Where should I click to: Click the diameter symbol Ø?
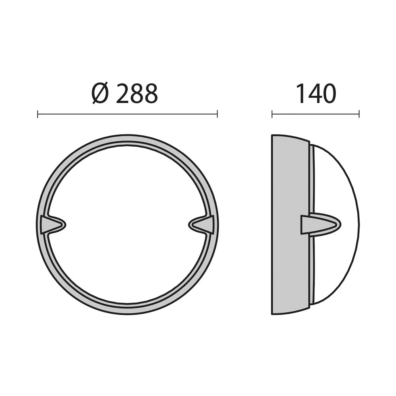coord(100,93)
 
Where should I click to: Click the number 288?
coord(137,93)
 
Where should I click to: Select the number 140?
coord(316,93)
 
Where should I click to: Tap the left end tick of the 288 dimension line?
coord(38,114)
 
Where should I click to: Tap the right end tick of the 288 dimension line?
coord(217,114)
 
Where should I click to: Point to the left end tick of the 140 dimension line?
coord(272,114)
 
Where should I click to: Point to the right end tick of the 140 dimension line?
coord(359,114)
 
